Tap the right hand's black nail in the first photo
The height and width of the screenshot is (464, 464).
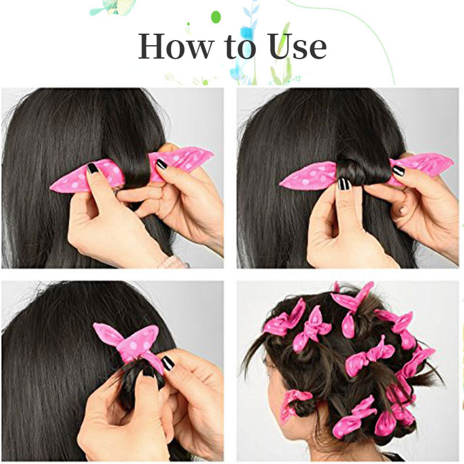161,164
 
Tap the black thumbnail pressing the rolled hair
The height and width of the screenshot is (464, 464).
343,184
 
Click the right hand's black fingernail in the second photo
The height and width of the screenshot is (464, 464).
398,171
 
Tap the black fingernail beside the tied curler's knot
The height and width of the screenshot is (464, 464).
167,363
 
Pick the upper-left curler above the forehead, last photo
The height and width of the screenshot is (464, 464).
284,319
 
